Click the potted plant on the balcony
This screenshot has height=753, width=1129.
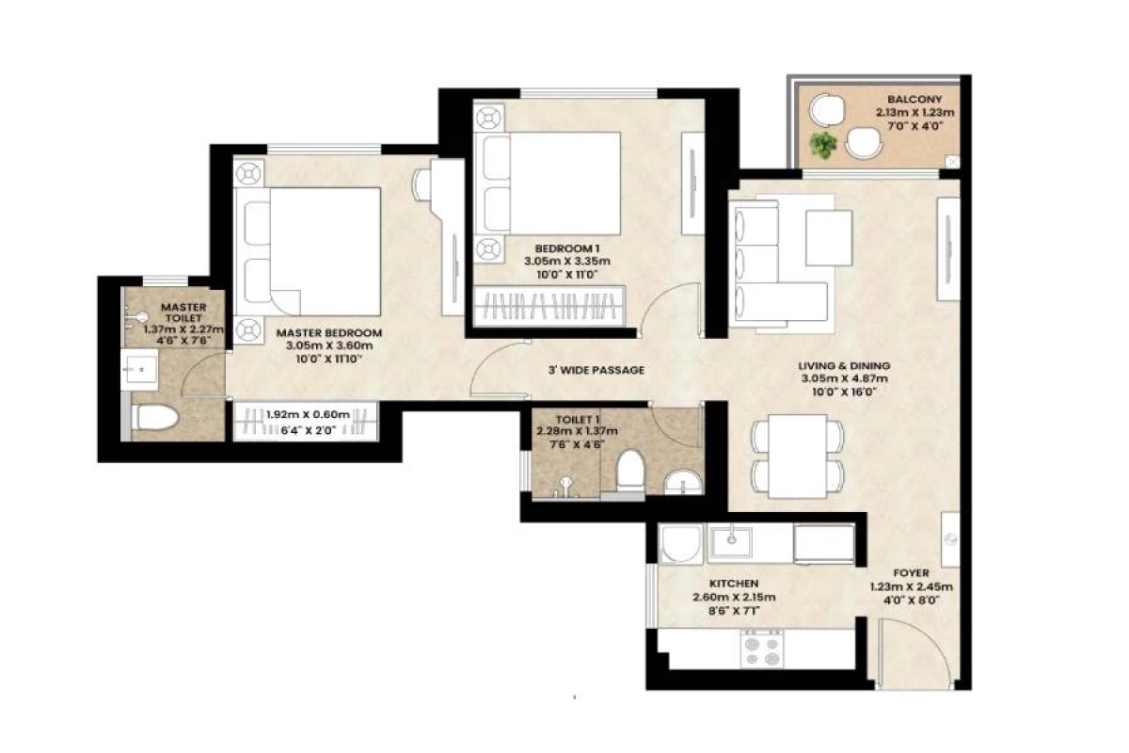click(825, 144)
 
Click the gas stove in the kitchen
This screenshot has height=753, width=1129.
click(763, 648)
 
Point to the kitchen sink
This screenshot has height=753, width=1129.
click(730, 541)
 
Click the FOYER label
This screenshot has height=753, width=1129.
click(912, 572)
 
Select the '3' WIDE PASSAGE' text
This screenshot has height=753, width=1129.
click(597, 370)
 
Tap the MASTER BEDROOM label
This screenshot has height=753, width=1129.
click(328, 332)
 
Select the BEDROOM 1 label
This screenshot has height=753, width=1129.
click(561, 248)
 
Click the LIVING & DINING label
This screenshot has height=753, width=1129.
click(843, 366)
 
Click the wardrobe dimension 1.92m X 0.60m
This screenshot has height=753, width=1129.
click(308, 414)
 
